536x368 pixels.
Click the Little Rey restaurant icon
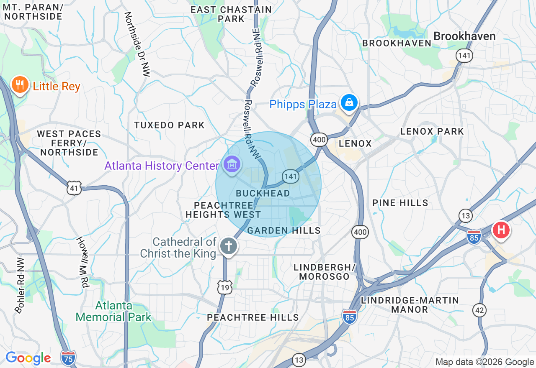click(x=19, y=85)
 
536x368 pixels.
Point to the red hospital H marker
click(x=501, y=230)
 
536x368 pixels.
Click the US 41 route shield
click(x=74, y=189)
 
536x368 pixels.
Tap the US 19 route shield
click(x=224, y=287)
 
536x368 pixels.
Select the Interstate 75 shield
click(x=68, y=358)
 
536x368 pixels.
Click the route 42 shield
click(x=479, y=310)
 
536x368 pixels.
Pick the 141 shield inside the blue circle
click(x=290, y=176)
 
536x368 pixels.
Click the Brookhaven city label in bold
click(x=464, y=36)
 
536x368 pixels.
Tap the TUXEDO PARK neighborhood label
click(x=169, y=125)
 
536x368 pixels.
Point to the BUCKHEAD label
click(x=263, y=193)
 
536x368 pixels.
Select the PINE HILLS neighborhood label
click(x=400, y=203)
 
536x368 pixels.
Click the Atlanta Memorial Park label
click(x=113, y=312)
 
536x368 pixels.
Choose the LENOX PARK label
click(x=432, y=131)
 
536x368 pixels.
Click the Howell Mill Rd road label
click(x=83, y=262)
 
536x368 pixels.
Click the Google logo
click(x=28, y=358)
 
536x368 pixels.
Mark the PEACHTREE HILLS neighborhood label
click(x=253, y=317)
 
